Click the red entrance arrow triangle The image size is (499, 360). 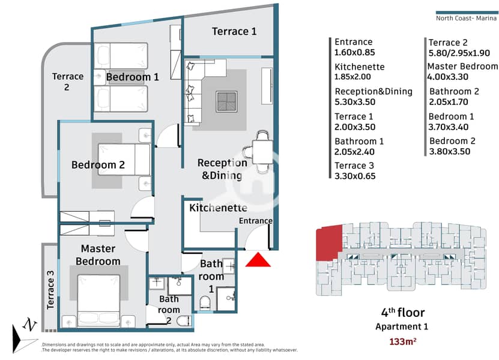click(x=258, y=260)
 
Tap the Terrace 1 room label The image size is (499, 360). click(x=234, y=31)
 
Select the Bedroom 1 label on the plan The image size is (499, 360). click(x=132, y=77)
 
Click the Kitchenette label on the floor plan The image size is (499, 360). click(x=219, y=208)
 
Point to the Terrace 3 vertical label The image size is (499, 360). click(x=50, y=290)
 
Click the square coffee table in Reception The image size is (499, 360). click(x=226, y=101)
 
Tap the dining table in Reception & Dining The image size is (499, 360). click(x=262, y=152)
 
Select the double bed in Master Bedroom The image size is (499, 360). click(x=98, y=301)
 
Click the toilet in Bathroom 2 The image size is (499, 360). click(x=184, y=321)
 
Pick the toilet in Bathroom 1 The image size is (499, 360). click(x=205, y=303)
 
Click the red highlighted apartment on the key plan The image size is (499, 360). click(x=329, y=242)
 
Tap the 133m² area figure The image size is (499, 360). click(x=402, y=341)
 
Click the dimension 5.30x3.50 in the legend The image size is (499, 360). click(x=355, y=102)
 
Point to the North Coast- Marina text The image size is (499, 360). click(x=466, y=18)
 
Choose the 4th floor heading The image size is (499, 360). click(x=402, y=313)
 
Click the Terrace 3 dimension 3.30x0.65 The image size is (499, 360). click(x=355, y=176)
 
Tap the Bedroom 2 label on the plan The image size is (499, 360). click(x=98, y=165)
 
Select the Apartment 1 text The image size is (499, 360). click(x=402, y=326)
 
